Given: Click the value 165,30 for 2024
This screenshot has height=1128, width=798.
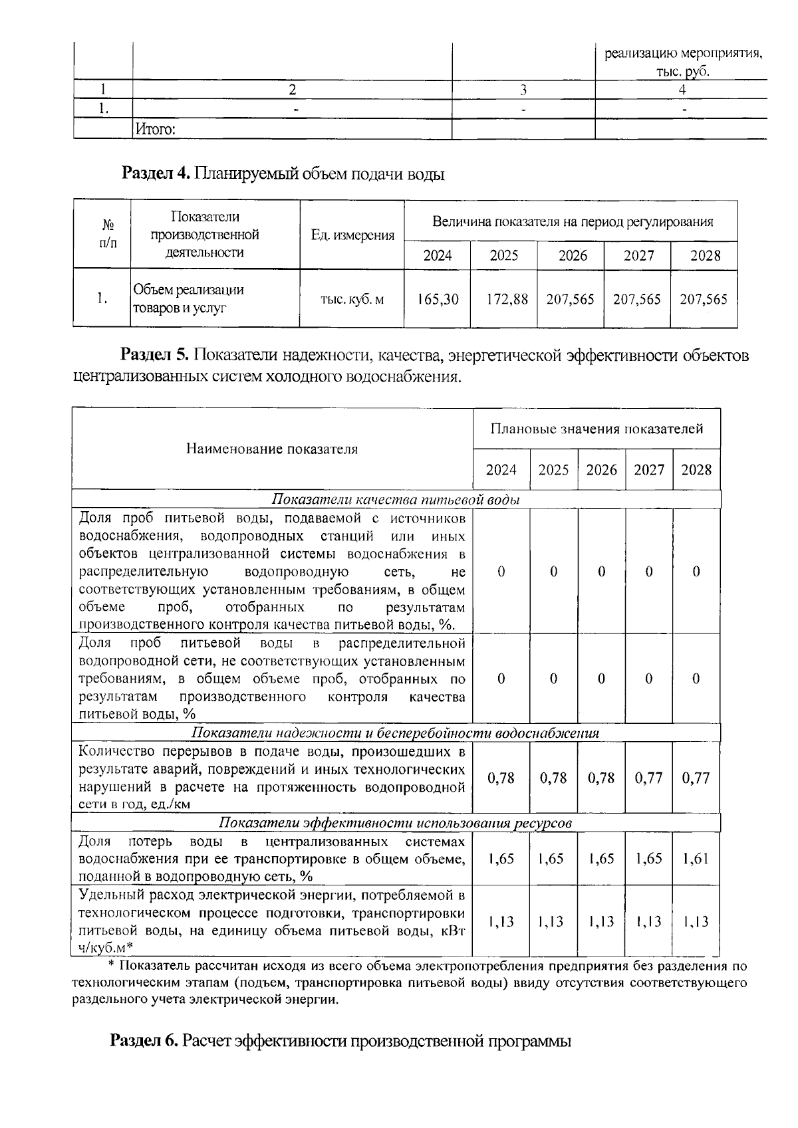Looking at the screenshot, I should [438, 299].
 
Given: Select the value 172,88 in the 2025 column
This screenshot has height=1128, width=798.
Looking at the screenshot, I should [504, 299].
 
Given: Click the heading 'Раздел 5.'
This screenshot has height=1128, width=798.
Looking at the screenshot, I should [156, 355].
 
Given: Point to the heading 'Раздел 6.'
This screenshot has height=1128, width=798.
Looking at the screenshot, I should [144, 1040].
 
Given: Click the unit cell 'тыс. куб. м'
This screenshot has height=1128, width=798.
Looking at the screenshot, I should [352, 300].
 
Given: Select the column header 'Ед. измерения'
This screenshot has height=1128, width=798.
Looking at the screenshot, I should [352, 235].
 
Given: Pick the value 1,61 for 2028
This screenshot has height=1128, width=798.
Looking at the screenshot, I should [696, 858].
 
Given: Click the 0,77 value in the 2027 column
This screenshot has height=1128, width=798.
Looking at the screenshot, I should [648, 778].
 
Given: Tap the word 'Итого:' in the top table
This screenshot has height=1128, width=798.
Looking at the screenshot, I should [156, 130].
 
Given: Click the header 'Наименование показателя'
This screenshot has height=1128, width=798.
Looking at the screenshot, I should [271, 449].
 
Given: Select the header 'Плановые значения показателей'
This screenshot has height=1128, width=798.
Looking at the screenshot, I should [597, 429].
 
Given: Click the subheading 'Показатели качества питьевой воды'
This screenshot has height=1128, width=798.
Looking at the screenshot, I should [396, 500].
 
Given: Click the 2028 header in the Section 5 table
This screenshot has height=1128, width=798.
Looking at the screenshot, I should [696, 470].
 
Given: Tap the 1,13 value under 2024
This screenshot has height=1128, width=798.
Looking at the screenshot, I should [501, 922].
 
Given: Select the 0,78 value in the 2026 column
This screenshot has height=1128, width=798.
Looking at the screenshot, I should [601, 778].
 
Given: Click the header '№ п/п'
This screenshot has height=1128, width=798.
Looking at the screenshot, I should [102, 235].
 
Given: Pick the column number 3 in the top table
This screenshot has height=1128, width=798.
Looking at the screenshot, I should [523, 90].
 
